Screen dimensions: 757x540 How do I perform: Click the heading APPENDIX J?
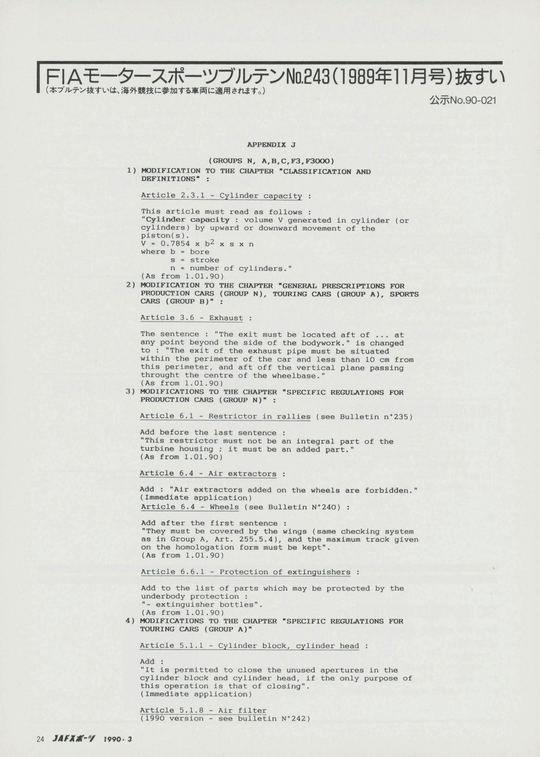pos(271,145)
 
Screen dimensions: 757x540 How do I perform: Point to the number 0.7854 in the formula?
pos(175,244)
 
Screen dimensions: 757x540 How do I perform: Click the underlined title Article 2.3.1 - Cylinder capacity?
pos(222,196)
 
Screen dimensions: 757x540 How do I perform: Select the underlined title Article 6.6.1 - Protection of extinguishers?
pos(246,572)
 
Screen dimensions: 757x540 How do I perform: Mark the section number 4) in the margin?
pos(130,621)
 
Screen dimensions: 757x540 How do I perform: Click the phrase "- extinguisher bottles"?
pos(202,605)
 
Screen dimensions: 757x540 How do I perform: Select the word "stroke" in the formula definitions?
pos(205,260)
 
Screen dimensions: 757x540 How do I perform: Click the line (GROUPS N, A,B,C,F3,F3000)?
pos(271,161)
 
